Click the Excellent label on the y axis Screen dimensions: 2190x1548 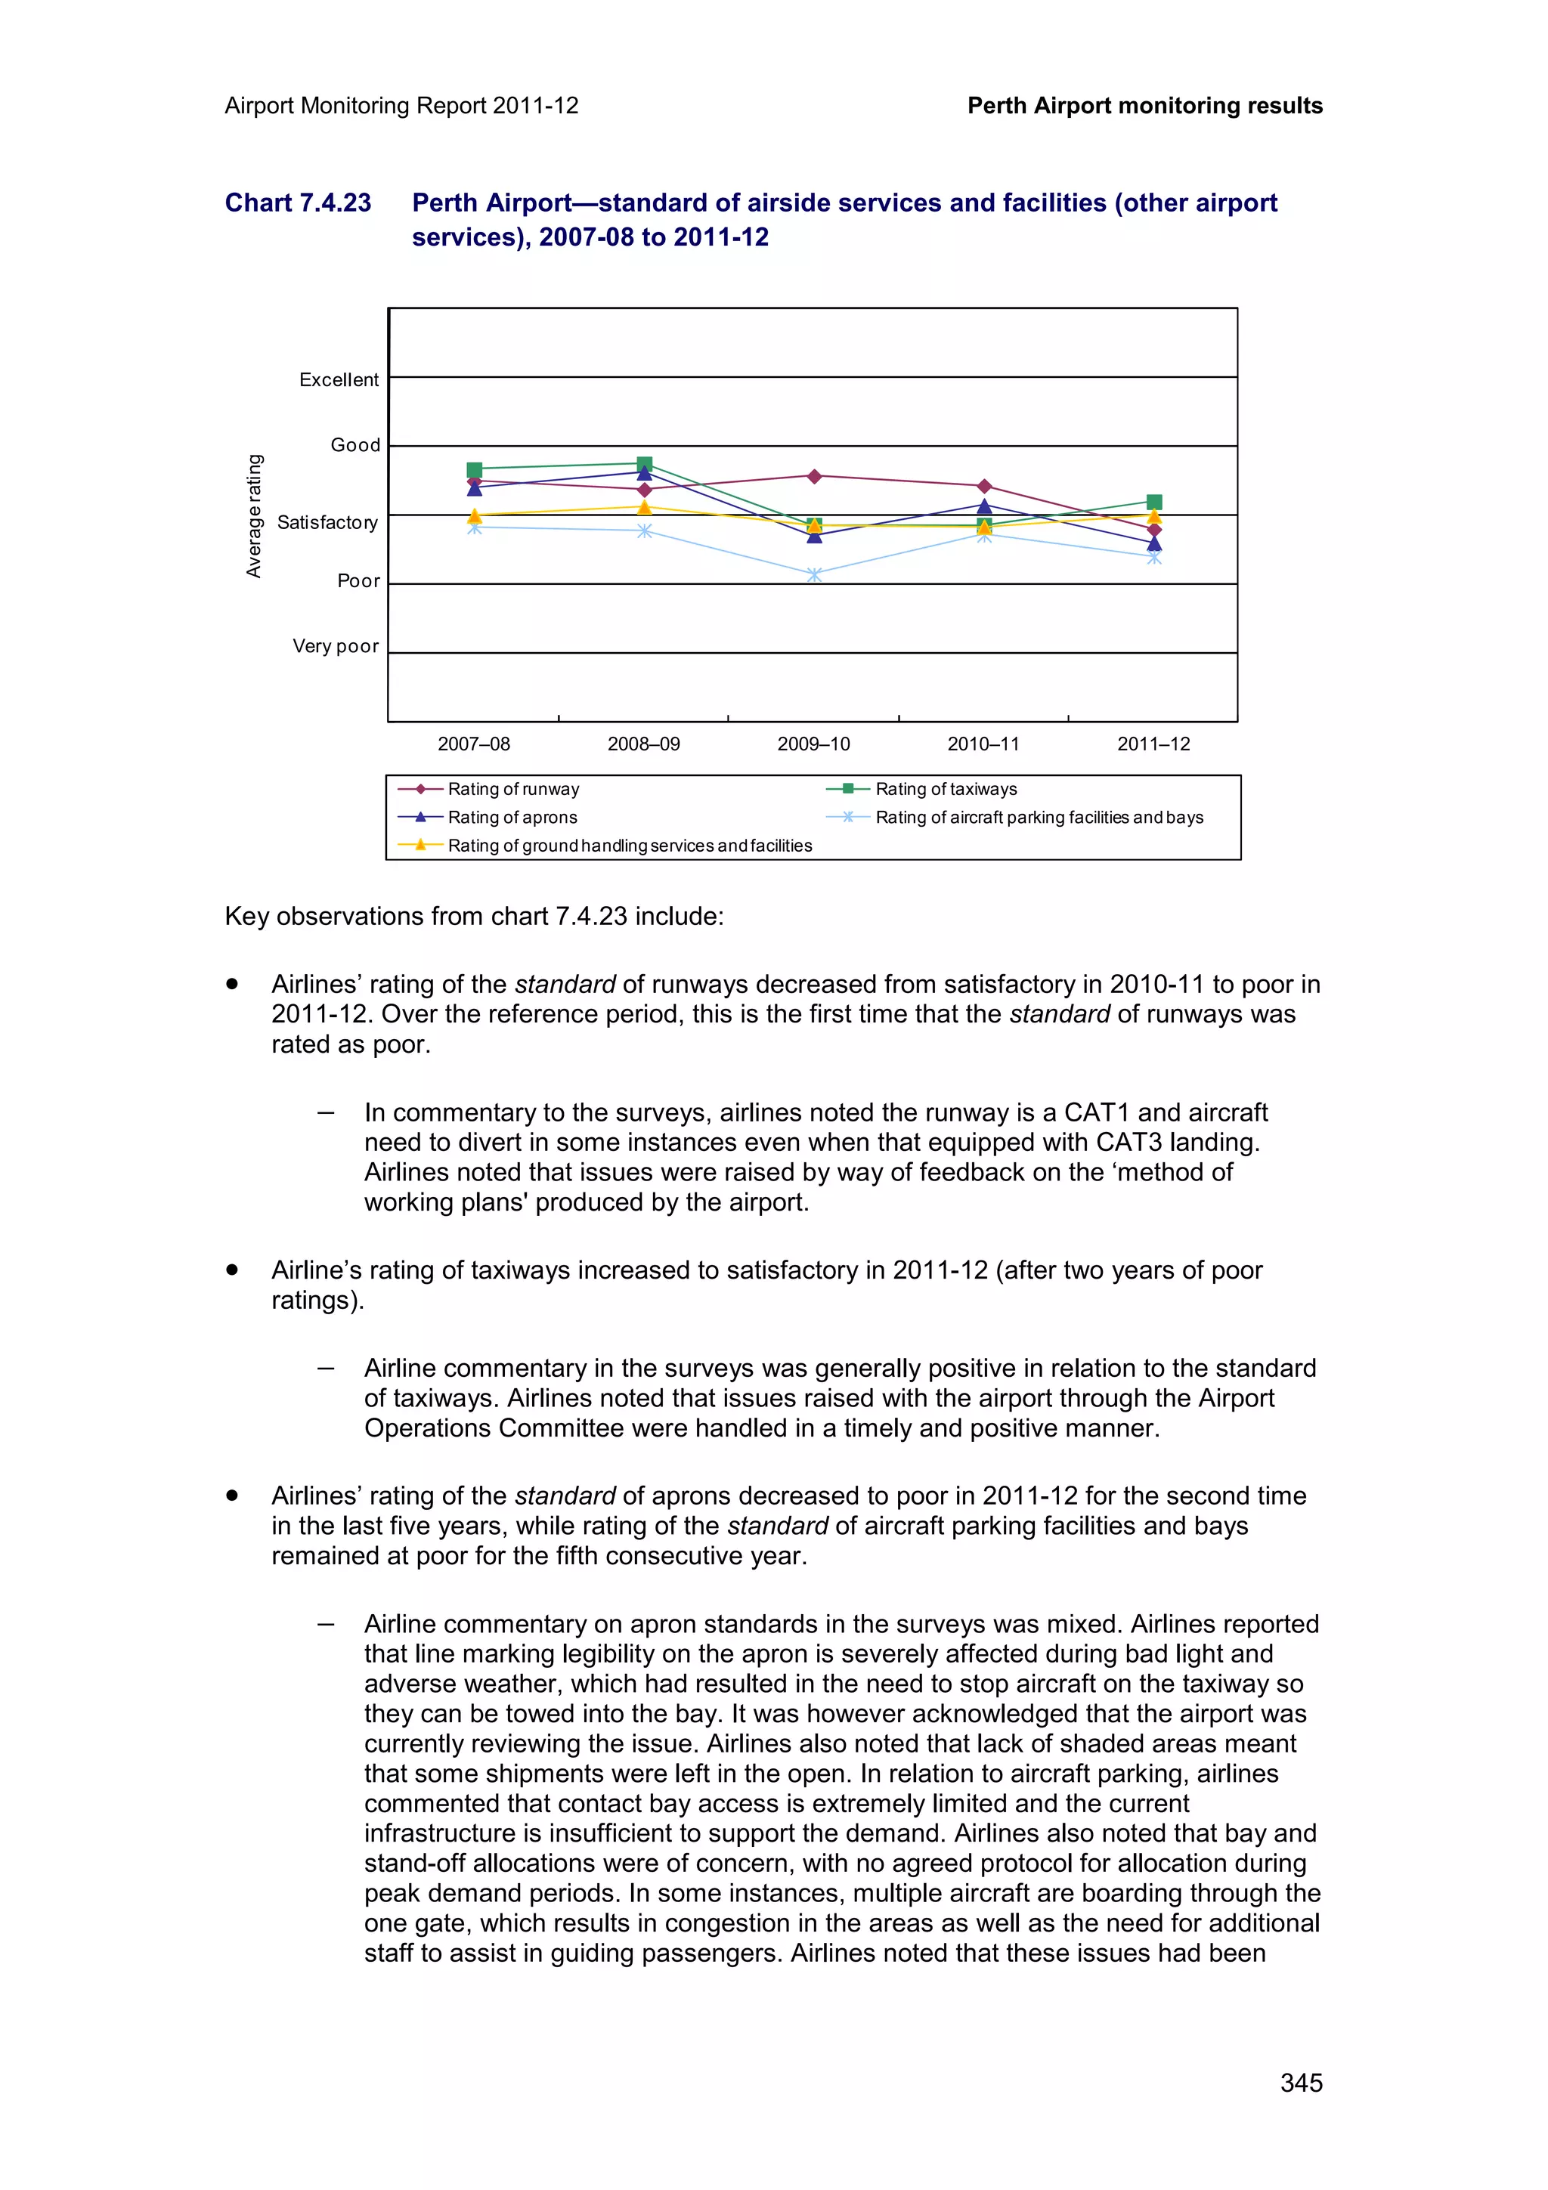pyautogui.click(x=339, y=379)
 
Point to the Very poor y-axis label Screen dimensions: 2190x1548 pyautogui.click(x=335, y=646)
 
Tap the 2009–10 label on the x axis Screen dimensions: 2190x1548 pyautogui.click(x=813, y=744)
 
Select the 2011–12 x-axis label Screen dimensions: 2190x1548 pyautogui.click(x=1153, y=744)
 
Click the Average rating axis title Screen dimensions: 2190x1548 pyautogui.click(x=254, y=516)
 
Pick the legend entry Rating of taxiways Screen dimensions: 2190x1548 pyautogui.click(x=946, y=789)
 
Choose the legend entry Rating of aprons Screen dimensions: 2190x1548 pyautogui.click(x=512, y=818)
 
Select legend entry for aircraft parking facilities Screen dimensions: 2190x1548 pyautogui.click(x=1039, y=818)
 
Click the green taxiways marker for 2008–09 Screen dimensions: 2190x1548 pyautogui.click(x=644, y=463)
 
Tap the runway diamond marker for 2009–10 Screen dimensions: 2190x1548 pyautogui.click(x=813, y=476)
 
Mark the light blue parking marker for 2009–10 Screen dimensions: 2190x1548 pyautogui.click(x=813, y=574)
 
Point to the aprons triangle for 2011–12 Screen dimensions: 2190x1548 pyautogui.click(x=1154, y=543)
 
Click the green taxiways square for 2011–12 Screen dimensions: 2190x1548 pyautogui.click(x=1154, y=502)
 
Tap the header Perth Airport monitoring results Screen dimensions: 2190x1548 pyautogui.click(x=1144, y=106)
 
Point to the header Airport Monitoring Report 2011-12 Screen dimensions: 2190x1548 pyautogui.click(x=401, y=106)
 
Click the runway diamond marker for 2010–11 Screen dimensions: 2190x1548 pyautogui.click(x=984, y=487)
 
